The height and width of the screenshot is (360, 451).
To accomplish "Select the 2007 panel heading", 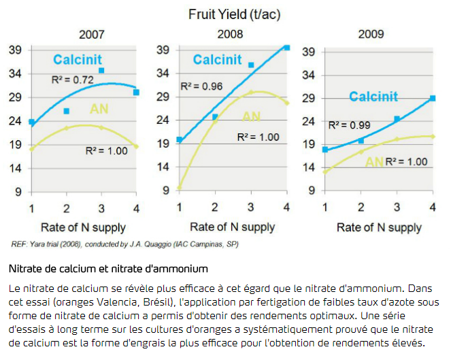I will [91, 34].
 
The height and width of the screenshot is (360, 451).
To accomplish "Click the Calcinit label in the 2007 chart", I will [78, 60].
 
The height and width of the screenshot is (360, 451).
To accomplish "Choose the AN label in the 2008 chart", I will [252, 116].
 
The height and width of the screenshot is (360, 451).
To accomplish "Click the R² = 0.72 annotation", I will [73, 80].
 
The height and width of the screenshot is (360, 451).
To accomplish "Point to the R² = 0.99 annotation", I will [349, 125].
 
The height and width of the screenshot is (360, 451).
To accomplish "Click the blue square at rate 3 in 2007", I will [101, 71].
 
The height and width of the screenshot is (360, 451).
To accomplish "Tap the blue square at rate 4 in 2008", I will [286, 48].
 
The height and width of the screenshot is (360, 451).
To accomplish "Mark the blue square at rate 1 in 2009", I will [325, 149].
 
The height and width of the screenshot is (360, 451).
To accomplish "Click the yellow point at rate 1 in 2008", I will [180, 188].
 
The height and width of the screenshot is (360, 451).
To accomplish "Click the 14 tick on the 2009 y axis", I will [308, 167].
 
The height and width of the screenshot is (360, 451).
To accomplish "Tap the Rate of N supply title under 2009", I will [379, 227].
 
